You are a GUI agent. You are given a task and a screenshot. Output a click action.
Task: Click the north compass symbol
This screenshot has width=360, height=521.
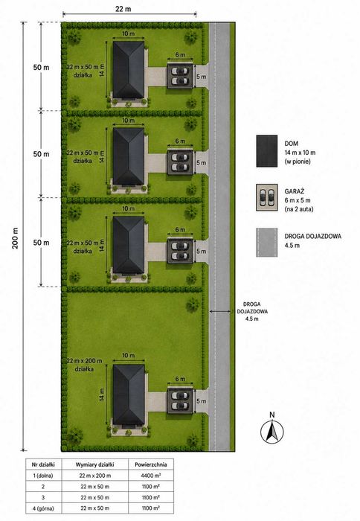tap(272, 431)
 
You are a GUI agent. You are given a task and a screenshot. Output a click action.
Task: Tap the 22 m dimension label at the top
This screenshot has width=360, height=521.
tap(123, 9)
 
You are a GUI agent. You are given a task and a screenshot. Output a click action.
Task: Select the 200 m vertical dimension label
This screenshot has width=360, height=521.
tap(15, 238)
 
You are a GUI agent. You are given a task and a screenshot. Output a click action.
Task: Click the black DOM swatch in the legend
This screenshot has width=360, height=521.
tap(267, 151)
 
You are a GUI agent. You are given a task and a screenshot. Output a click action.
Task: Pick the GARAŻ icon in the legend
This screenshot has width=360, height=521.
tap(267, 197)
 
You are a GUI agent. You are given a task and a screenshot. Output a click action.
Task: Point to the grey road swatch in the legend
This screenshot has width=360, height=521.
tap(267, 242)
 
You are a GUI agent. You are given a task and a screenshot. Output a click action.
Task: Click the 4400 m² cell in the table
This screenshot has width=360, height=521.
tap(151, 476)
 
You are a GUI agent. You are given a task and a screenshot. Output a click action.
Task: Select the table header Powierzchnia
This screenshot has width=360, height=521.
tap(151, 464)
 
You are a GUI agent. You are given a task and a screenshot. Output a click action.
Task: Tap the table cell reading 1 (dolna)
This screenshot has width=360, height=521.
tap(43, 476)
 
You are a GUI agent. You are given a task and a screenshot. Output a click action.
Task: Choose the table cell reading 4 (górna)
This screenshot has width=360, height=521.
tap(43, 508)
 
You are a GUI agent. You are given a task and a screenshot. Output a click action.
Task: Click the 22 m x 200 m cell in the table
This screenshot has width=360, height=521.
tap(95, 476)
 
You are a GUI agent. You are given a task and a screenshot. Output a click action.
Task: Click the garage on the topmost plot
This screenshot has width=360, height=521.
tap(180, 77)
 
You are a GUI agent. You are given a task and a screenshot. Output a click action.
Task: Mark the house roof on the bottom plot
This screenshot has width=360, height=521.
tap(129, 394)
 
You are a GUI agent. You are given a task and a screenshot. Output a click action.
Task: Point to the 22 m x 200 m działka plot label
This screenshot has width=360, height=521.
tap(84, 365)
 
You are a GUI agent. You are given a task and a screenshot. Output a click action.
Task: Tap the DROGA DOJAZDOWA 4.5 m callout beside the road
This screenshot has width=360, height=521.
tap(252, 311)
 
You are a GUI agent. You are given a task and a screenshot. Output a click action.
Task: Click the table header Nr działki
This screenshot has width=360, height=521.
tap(43, 464)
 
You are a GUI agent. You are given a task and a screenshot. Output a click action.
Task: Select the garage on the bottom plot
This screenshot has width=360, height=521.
tap(180, 401)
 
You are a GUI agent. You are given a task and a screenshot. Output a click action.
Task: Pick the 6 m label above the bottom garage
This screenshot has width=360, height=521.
tap(180, 379)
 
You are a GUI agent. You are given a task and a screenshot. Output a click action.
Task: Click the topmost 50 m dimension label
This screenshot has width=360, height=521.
tap(41, 67)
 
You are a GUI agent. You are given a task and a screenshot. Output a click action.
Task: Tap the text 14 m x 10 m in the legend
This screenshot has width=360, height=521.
tap(300, 153)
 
